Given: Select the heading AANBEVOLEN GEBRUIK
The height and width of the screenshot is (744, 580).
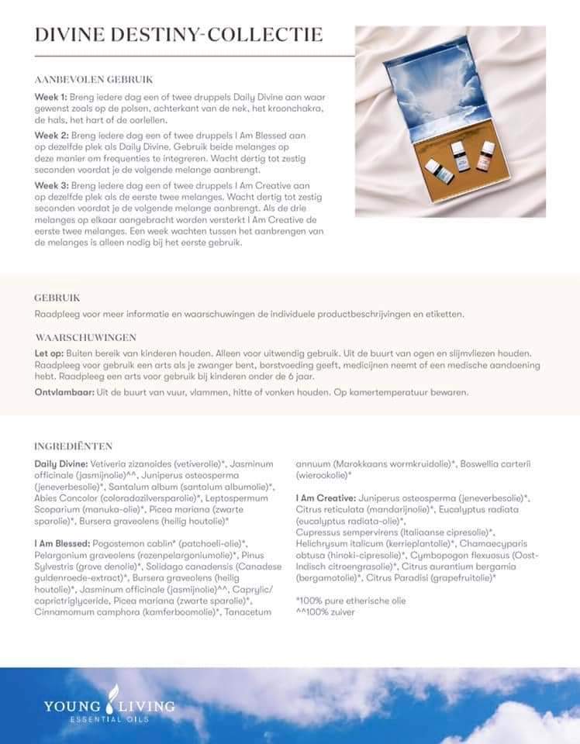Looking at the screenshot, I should (x=94, y=79).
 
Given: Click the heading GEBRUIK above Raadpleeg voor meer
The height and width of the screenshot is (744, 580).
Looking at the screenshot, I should (x=57, y=298).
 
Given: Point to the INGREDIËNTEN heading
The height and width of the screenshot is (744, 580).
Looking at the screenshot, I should (x=74, y=446).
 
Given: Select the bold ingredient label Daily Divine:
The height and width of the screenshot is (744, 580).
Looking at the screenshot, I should (x=63, y=463).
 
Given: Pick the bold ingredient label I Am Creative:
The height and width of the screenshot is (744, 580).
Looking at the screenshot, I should (x=326, y=498).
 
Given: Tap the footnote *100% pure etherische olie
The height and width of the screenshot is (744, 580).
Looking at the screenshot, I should (x=350, y=601).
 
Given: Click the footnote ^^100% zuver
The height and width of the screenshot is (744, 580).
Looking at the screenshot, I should (x=326, y=612).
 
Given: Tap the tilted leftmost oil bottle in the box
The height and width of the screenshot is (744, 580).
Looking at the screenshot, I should (x=435, y=167).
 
